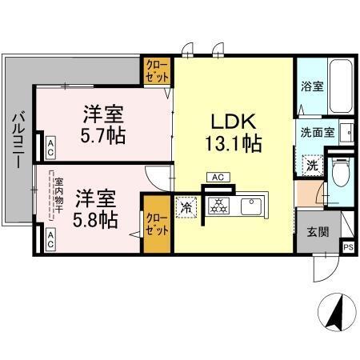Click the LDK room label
[233, 122]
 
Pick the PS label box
[347, 248]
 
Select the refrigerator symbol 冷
[186, 206]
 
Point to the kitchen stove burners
[217, 206]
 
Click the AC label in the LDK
[217, 176]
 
